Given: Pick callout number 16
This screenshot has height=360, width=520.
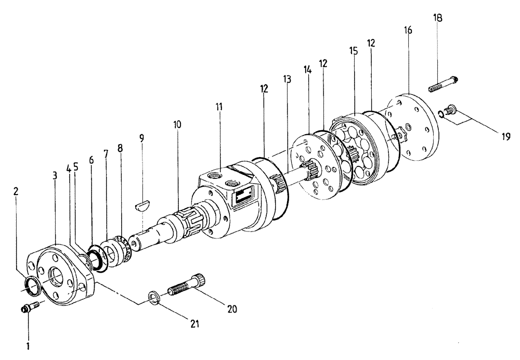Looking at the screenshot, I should tap(408, 31).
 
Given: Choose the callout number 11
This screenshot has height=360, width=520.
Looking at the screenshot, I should tap(219, 107).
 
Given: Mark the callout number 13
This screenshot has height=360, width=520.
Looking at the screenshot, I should tap(287, 79).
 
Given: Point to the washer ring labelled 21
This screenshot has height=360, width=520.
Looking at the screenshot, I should tap(152, 298).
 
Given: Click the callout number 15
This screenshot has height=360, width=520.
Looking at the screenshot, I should tap(354, 52).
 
